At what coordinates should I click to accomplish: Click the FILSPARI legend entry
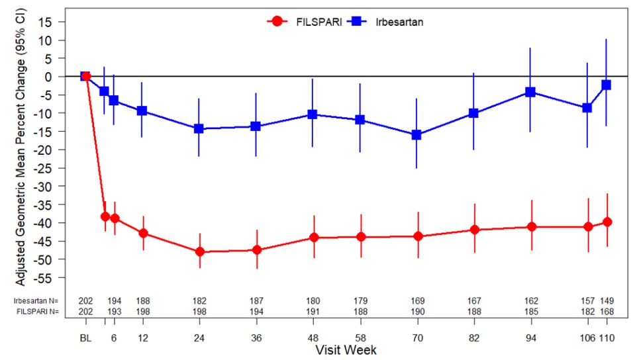click(x=304, y=21)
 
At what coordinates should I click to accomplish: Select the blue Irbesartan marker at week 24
click(x=199, y=128)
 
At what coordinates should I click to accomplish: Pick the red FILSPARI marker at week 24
click(x=199, y=251)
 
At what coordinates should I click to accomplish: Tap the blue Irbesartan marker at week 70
click(x=417, y=134)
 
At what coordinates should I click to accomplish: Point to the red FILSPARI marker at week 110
click(x=607, y=222)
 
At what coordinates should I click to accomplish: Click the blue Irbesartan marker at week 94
click(x=530, y=92)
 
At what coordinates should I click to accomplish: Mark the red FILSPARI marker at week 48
click(x=313, y=238)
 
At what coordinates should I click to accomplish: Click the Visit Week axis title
click(x=346, y=349)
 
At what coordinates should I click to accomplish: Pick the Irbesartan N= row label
click(x=38, y=300)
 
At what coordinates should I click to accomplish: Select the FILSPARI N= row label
click(x=38, y=311)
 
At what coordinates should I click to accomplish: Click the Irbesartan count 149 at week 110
click(x=607, y=300)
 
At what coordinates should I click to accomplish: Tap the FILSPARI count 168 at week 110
click(x=607, y=311)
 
